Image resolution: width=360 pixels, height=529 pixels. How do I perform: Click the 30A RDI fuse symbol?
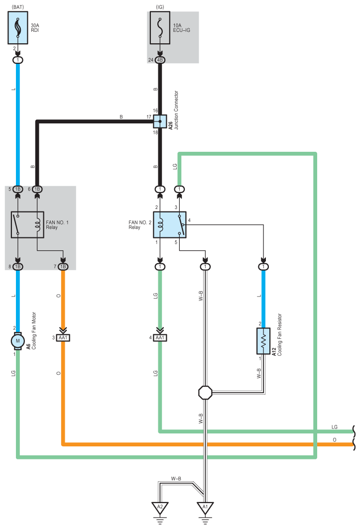pos(18,28)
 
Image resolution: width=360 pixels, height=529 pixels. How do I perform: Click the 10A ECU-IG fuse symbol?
pos(160,28)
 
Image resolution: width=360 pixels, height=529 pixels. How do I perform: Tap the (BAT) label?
pos(17,7)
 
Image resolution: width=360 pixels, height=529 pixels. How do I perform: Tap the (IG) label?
pos(160,7)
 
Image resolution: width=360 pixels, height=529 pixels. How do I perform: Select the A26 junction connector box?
pos(160,121)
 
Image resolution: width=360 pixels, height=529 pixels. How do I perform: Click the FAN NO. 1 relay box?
pos(28,225)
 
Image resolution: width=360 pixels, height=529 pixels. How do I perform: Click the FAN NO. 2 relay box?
pos(169,225)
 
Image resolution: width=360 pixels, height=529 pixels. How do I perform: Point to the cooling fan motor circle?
pos(18,341)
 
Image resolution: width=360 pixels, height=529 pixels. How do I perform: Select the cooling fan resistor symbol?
pos(263,341)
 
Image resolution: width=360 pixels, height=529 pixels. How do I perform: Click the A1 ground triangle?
pos(205,507)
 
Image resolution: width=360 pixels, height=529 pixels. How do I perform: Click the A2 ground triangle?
pos(160,507)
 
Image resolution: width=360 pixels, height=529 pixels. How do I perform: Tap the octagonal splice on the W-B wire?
pos(205,393)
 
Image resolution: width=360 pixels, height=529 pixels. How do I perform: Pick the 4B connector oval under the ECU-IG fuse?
pos(160,60)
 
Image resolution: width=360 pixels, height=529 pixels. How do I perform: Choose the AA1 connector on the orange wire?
pos(63,338)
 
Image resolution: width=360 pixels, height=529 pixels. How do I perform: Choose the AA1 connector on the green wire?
pos(160,338)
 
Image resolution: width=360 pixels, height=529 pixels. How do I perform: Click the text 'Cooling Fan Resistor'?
pos(280,335)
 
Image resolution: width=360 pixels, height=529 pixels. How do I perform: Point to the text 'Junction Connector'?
pos(176,110)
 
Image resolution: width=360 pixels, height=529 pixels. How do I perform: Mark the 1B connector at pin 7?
pos(63,267)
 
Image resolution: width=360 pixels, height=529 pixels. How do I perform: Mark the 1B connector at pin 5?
pos(18,189)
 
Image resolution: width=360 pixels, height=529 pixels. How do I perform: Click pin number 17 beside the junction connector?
pos(149,117)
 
